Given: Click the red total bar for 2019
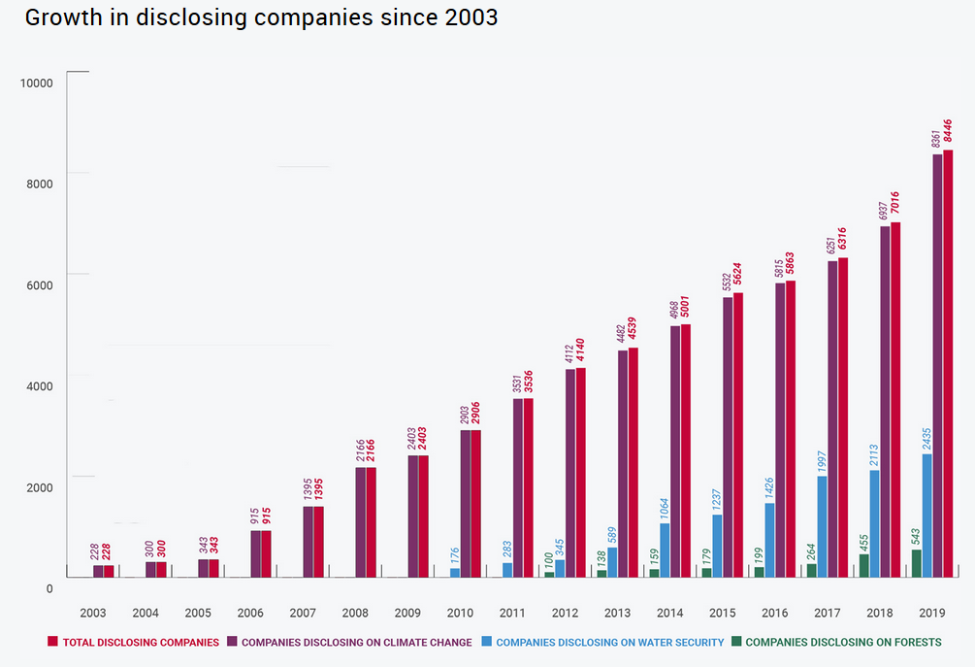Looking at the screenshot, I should tap(948, 364).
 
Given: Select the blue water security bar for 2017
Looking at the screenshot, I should tap(823, 526).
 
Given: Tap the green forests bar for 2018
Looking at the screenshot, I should tap(864, 566).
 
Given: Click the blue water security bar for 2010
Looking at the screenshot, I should tap(455, 573).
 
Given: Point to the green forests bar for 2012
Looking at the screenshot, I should tap(549, 575).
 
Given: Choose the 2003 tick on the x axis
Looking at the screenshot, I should tap(93, 614).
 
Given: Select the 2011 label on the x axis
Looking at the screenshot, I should tap(512, 614).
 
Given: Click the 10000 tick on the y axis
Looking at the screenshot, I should tap(36, 83).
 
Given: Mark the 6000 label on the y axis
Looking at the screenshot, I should tap(36, 284).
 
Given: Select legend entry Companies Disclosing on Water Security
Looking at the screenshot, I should tap(609, 642).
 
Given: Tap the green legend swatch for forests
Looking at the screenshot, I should tap(737, 642).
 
